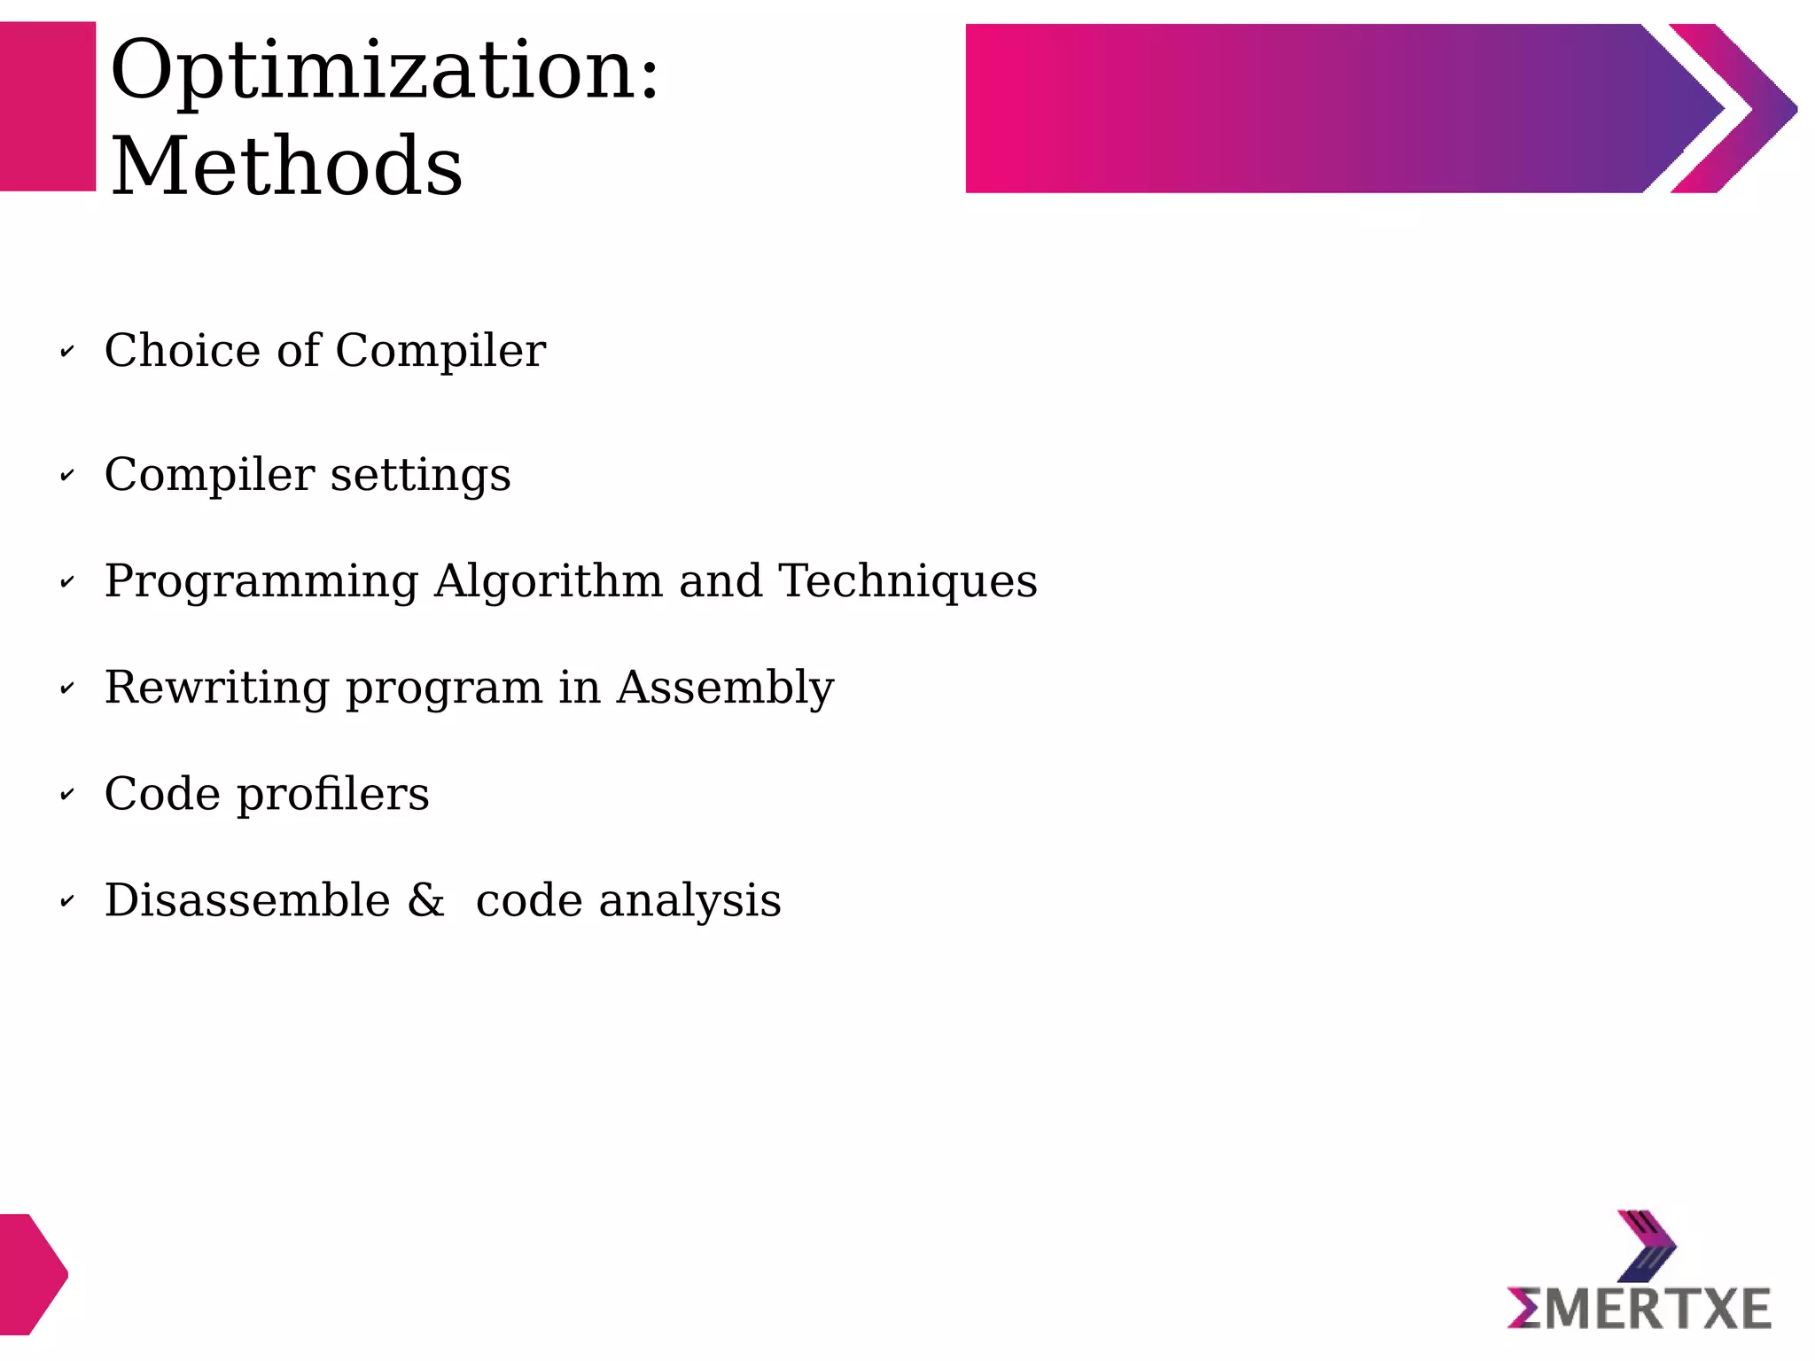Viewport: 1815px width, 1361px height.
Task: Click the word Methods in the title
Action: pos(286,167)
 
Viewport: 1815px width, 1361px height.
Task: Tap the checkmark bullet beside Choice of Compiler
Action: pos(67,352)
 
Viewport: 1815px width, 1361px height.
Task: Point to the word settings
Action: pos(420,476)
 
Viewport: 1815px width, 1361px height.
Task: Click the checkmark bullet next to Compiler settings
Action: pos(67,476)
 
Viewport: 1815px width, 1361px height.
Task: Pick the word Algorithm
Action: pos(549,582)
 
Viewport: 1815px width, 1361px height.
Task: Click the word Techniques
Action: pos(907,581)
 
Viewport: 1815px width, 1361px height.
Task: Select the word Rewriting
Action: pos(216,688)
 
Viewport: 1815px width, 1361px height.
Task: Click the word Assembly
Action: pos(725,688)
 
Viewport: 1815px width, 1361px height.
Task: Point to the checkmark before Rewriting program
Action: pos(67,688)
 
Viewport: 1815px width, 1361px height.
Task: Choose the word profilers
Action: pos(332,795)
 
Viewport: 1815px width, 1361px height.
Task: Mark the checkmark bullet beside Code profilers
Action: pos(67,795)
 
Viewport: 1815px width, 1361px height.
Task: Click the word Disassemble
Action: pos(247,900)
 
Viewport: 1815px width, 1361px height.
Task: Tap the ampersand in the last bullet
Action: pos(426,900)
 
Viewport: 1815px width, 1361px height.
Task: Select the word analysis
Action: pos(689,902)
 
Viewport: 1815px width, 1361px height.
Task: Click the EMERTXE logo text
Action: pos(1639,1309)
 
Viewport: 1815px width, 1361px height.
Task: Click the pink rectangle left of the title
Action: pos(47,106)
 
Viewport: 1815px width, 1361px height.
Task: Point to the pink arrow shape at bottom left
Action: pos(31,1273)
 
